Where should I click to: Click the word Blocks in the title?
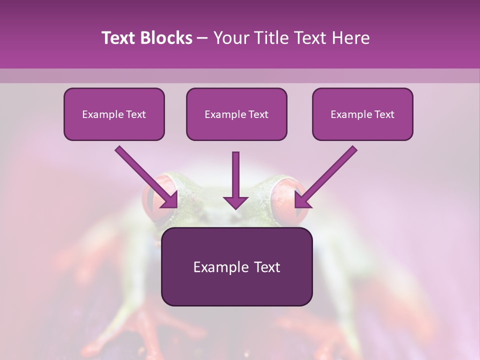(x=167, y=38)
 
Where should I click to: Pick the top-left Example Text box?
(x=114, y=114)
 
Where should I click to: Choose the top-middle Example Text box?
(x=236, y=114)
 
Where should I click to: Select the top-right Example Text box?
(x=362, y=114)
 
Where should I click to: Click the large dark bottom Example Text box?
(x=236, y=267)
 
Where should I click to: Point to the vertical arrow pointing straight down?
(x=235, y=177)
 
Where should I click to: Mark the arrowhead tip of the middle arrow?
(x=235, y=207)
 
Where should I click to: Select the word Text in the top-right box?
(x=384, y=114)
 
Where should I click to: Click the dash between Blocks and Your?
(x=202, y=38)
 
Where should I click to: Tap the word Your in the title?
(x=231, y=38)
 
